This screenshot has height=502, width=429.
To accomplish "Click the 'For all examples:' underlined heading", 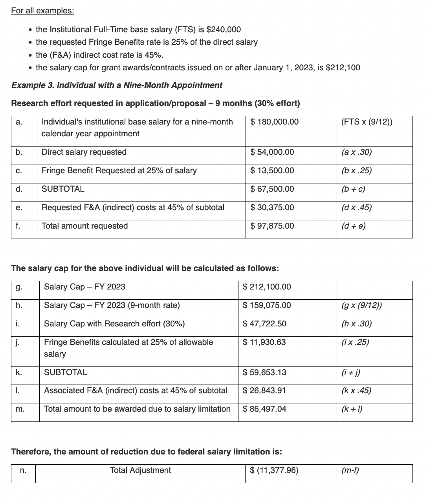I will click(x=42, y=11).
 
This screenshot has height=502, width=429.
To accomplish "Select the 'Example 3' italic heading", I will click(x=117, y=85).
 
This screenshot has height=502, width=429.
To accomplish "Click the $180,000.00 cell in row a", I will click(x=274, y=122).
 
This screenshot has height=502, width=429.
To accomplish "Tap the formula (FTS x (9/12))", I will click(x=367, y=122).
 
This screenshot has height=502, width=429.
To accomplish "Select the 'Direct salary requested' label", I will click(x=84, y=152).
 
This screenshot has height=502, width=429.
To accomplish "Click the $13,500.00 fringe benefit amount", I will click(x=272, y=170).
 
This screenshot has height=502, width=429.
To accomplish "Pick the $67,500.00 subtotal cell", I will click(x=272, y=189).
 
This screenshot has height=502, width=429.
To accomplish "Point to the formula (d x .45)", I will click(x=357, y=207).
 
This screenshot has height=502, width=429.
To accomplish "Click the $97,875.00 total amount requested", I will click(x=272, y=226).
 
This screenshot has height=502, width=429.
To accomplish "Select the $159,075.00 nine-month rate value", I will click(x=267, y=305).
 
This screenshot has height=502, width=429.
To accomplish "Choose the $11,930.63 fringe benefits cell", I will click(x=264, y=342).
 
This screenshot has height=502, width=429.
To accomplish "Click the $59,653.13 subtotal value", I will click(x=264, y=372).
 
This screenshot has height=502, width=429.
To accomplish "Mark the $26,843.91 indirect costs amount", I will click(x=264, y=390).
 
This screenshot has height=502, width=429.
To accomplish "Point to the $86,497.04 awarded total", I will click(x=264, y=409).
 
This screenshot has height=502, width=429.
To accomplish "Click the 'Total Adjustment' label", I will click(x=140, y=470).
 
